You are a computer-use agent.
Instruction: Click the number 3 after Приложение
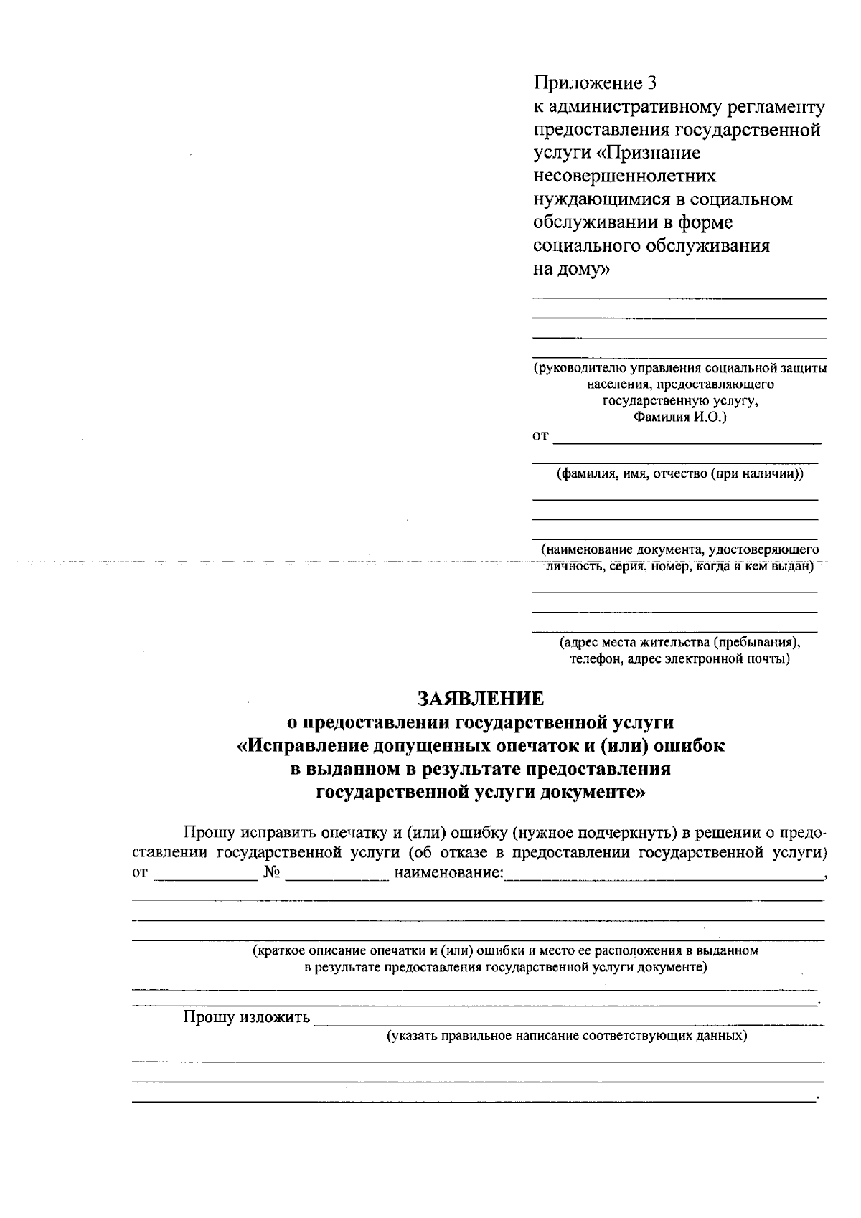[x=651, y=83]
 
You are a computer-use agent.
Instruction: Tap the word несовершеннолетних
[x=624, y=176]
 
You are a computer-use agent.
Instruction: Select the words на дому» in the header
[x=572, y=270]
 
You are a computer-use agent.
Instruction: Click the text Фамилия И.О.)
[x=679, y=417]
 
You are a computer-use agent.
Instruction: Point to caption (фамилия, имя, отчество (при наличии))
[x=680, y=474]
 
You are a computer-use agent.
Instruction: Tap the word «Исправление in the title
[x=302, y=746]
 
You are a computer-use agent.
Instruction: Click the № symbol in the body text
[x=271, y=873]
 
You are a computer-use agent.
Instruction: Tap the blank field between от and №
[x=205, y=874]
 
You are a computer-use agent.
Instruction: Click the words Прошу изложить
[x=247, y=1017]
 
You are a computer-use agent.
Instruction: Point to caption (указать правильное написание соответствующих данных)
[x=567, y=1037]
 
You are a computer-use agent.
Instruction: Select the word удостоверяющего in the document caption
[x=763, y=550]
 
